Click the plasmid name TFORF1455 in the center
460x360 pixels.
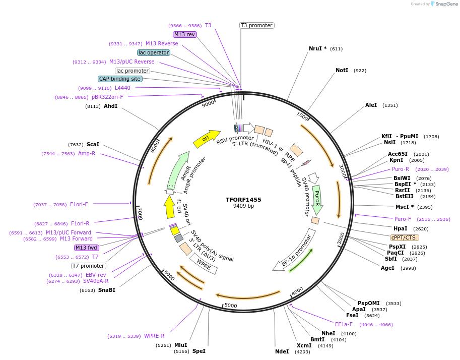243,200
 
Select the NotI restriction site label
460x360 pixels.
342,70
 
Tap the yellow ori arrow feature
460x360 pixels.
207,138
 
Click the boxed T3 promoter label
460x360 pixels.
256,25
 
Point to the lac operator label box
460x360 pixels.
154,52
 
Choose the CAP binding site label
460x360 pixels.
120,79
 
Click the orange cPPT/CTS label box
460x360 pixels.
404,237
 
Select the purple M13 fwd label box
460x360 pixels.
87,248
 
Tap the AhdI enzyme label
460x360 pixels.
110,106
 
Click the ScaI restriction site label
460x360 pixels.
93,144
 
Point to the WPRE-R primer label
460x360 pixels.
154,336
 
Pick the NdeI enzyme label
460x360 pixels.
282,351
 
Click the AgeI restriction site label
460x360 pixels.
387,268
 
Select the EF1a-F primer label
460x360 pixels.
344,324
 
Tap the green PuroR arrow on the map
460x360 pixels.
317,199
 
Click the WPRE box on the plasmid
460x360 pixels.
204,264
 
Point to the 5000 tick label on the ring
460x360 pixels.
231,305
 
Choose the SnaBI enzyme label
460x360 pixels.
106,290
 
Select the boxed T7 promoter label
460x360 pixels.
88,266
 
